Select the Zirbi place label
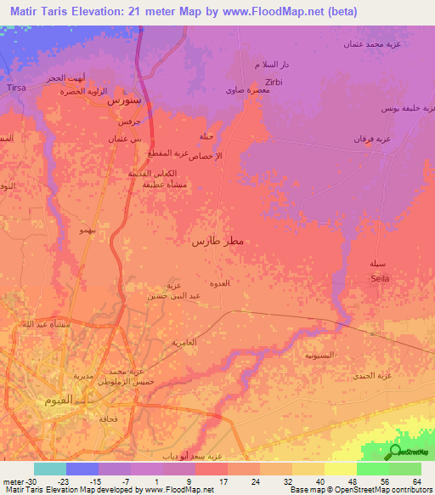[273, 82]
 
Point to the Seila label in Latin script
[379, 278]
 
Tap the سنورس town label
[123, 100]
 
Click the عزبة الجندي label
[370, 375]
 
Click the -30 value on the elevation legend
[34, 481]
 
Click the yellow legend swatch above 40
[308, 469]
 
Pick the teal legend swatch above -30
[50, 469]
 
